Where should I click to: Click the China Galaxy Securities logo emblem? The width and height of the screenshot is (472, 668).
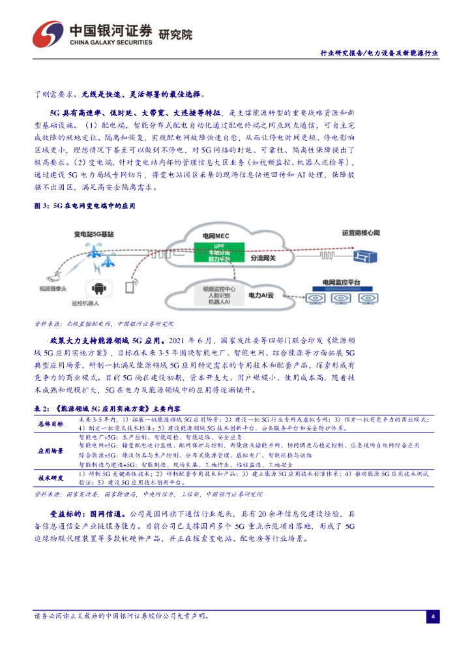pos(47,33)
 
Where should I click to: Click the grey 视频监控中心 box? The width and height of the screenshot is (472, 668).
pos(218,296)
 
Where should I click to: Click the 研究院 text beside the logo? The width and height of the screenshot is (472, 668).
pos(175,34)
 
